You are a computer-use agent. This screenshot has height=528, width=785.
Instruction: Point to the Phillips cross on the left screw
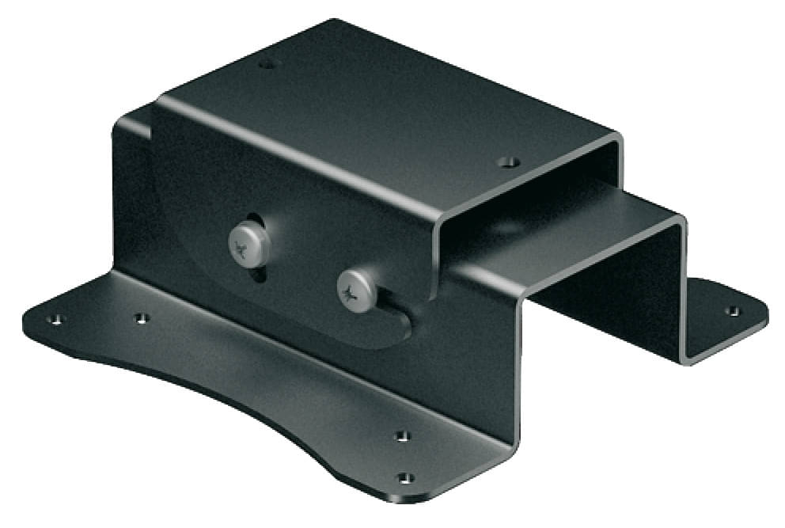(244, 252)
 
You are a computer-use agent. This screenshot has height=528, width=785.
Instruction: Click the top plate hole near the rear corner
(267, 63)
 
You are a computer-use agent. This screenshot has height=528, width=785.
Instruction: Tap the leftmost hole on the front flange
(55, 320)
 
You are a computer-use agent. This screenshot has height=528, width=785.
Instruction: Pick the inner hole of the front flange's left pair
(141, 318)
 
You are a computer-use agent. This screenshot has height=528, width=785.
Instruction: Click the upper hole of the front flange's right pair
(402, 435)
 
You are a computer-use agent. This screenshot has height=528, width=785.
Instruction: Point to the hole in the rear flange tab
(733, 310)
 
